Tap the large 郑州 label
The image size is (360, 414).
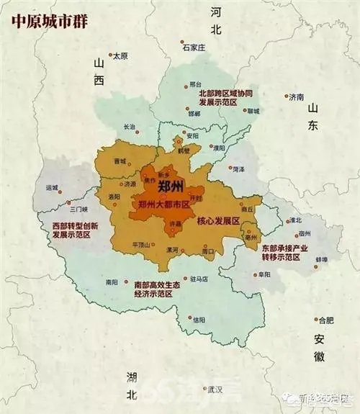[x=171, y=188]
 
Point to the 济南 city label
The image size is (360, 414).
[x=295, y=96]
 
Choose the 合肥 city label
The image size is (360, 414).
[x=325, y=320]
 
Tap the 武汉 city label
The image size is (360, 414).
[x=215, y=390]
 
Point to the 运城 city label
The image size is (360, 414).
[x=52, y=188]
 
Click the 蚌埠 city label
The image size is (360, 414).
[x=321, y=259]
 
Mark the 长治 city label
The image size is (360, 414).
[x=130, y=126]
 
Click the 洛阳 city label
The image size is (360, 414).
[x=114, y=197]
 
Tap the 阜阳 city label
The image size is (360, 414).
[x=265, y=274]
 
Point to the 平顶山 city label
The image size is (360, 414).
[x=141, y=245]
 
